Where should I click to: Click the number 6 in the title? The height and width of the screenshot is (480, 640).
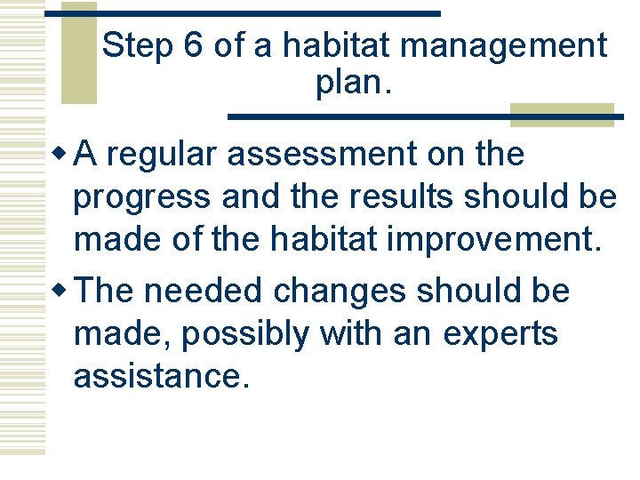(193, 46)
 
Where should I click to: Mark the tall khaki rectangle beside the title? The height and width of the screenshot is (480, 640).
(78, 53)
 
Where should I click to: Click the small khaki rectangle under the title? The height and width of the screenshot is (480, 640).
(562, 116)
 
